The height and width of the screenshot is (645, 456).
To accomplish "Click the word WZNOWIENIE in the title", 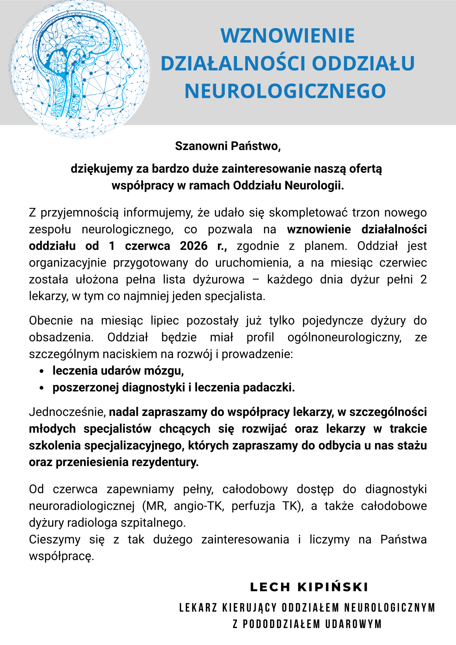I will (287, 36).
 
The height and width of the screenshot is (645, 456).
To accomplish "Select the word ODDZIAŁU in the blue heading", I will (363, 63).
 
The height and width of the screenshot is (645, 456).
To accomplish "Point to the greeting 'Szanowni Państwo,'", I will (228, 146).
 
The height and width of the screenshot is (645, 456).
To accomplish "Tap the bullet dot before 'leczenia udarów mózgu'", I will (42, 371).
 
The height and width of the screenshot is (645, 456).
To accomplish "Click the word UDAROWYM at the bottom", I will (353, 624).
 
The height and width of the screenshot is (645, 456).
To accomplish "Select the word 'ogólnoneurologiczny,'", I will (344, 337).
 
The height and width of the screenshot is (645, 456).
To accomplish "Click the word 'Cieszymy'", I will (54, 540).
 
